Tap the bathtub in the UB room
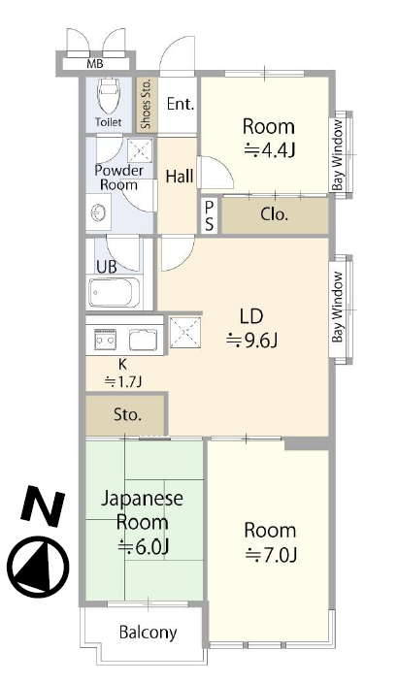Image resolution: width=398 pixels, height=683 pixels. coord(115,292)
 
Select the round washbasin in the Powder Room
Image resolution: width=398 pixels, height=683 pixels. coord(98,213)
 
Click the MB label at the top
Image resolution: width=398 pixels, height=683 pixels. coord(95,64)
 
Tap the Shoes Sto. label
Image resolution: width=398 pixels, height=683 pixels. coord(146,104)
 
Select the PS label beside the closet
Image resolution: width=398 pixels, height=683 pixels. coord(210,216)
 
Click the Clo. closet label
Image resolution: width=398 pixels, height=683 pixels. coord(275,214)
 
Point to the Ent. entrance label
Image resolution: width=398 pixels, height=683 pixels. coord(181,104)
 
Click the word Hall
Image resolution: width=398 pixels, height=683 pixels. coord(180,177)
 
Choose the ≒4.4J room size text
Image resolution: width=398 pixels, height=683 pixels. coord(270,150)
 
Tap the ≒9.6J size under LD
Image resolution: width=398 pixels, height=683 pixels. coord(252,341)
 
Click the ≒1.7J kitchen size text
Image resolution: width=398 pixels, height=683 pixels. coord(124,382)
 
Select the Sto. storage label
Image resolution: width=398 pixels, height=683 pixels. coord(128,414)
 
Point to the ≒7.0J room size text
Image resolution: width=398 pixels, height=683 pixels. coord(271,555)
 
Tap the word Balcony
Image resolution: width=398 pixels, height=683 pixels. coord(149,632)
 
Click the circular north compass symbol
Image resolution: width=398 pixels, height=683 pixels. coord(40,568)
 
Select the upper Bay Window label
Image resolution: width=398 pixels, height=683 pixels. coord(339,155)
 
